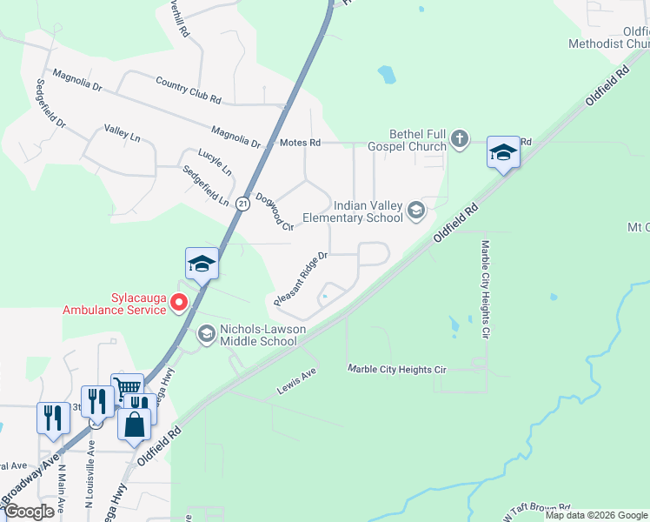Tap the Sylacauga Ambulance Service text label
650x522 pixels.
tap(114, 303)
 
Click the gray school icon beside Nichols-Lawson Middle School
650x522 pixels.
tap(206, 333)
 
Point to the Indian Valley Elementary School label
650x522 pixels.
tap(353, 211)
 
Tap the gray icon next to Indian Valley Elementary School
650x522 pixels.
tap(416, 209)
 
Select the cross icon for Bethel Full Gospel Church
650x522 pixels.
tap(460, 137)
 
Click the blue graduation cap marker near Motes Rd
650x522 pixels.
tap(503, 153)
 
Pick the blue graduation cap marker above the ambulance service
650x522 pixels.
tap(202, 264)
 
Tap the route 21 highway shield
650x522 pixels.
tap(242, 203)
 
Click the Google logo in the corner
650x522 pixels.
tap(30, 512)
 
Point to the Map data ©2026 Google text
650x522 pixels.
tap(596, 515)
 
